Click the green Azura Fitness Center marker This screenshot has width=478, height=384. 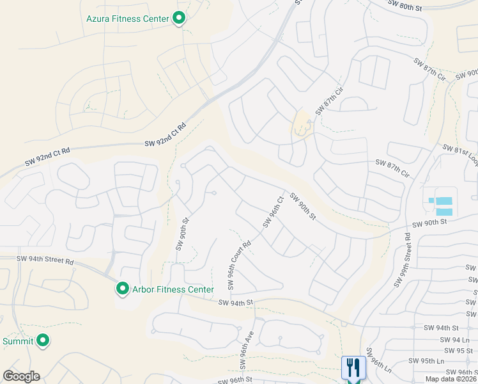180,19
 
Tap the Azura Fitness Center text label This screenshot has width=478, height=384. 128,19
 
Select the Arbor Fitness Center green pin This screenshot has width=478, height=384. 122,289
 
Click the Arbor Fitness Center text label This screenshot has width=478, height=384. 173,290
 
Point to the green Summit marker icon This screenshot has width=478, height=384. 43,340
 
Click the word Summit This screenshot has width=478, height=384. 17,341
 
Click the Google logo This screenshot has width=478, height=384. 21,376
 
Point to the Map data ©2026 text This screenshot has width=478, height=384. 451,379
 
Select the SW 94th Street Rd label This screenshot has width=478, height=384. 45,260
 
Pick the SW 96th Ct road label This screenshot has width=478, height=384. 272,212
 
